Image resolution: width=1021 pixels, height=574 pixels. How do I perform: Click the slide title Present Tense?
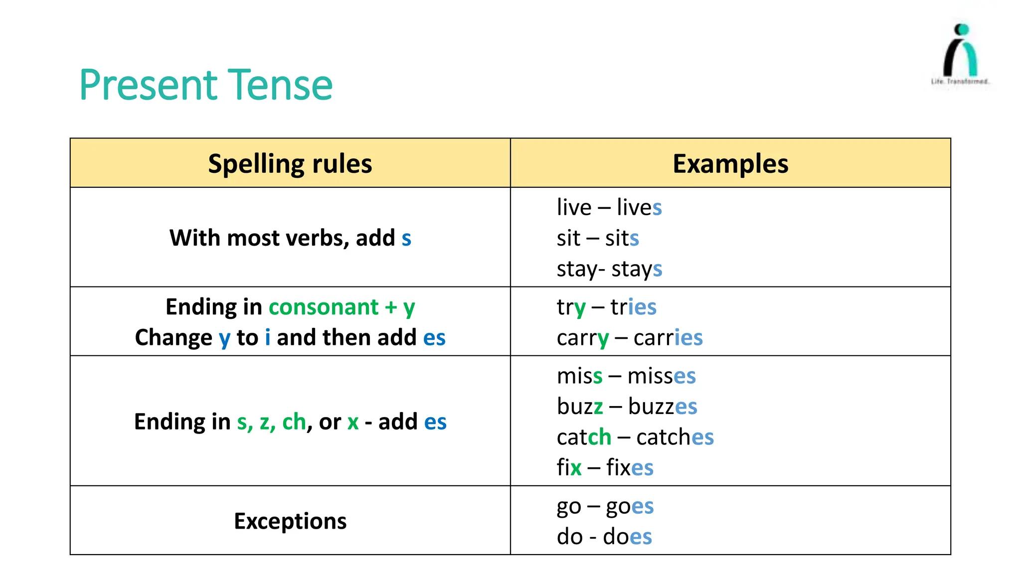[205, 85]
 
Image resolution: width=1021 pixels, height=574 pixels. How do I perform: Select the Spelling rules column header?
[290, 163]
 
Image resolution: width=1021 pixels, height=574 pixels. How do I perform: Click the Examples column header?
[730, 163]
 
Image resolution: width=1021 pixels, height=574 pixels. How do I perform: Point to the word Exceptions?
[290, 521]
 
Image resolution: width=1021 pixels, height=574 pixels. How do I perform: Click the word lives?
[639, 207]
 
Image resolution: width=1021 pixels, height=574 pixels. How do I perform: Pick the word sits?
[622, 238]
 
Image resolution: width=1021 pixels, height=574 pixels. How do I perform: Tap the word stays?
[637, 269]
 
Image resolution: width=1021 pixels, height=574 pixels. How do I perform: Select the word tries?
[633, 307]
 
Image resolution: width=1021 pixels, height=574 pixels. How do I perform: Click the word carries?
[668, 338]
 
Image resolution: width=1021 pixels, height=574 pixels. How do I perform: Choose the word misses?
[661, 376]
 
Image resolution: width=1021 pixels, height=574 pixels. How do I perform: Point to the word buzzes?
[662, 407]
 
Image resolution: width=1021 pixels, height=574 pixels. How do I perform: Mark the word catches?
[675, 437]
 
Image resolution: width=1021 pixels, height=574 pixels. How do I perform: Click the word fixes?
[630, 468]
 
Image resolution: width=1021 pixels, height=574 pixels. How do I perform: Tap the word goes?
[630, 506]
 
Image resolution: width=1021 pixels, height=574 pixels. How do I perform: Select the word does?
[627, 537]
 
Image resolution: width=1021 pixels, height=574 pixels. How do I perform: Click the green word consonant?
[324, 307]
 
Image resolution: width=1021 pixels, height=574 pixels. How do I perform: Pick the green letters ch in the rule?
[294, 422]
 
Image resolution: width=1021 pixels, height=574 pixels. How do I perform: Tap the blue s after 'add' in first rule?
[406, 238]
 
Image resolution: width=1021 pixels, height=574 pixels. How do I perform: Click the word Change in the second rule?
[173, 338]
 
